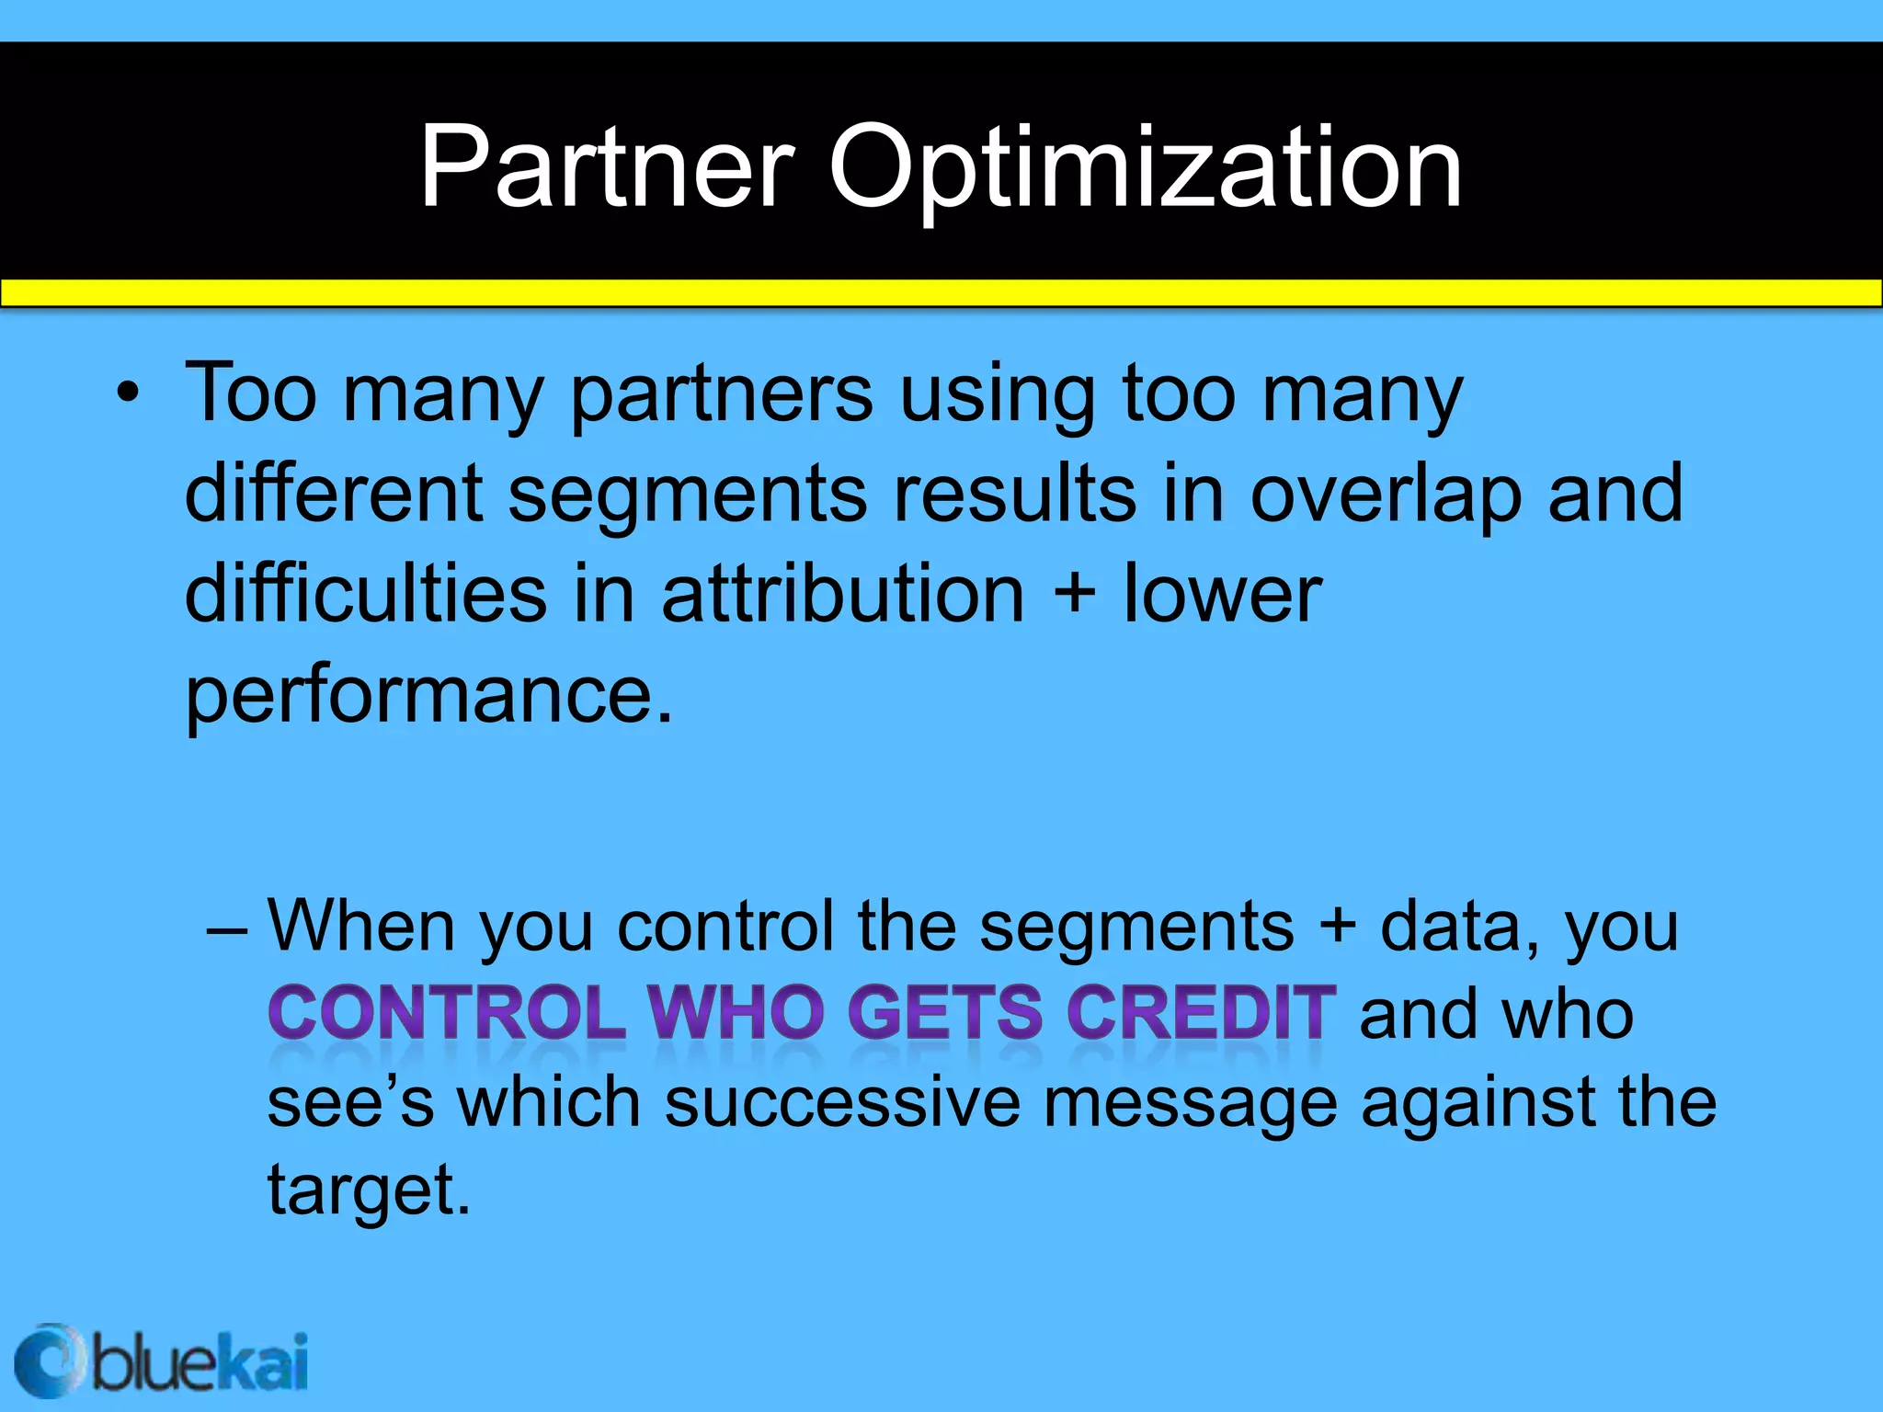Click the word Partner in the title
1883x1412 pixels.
[606, 167]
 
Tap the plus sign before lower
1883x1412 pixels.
[1074, 593]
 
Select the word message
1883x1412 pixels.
[1191, 1103]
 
